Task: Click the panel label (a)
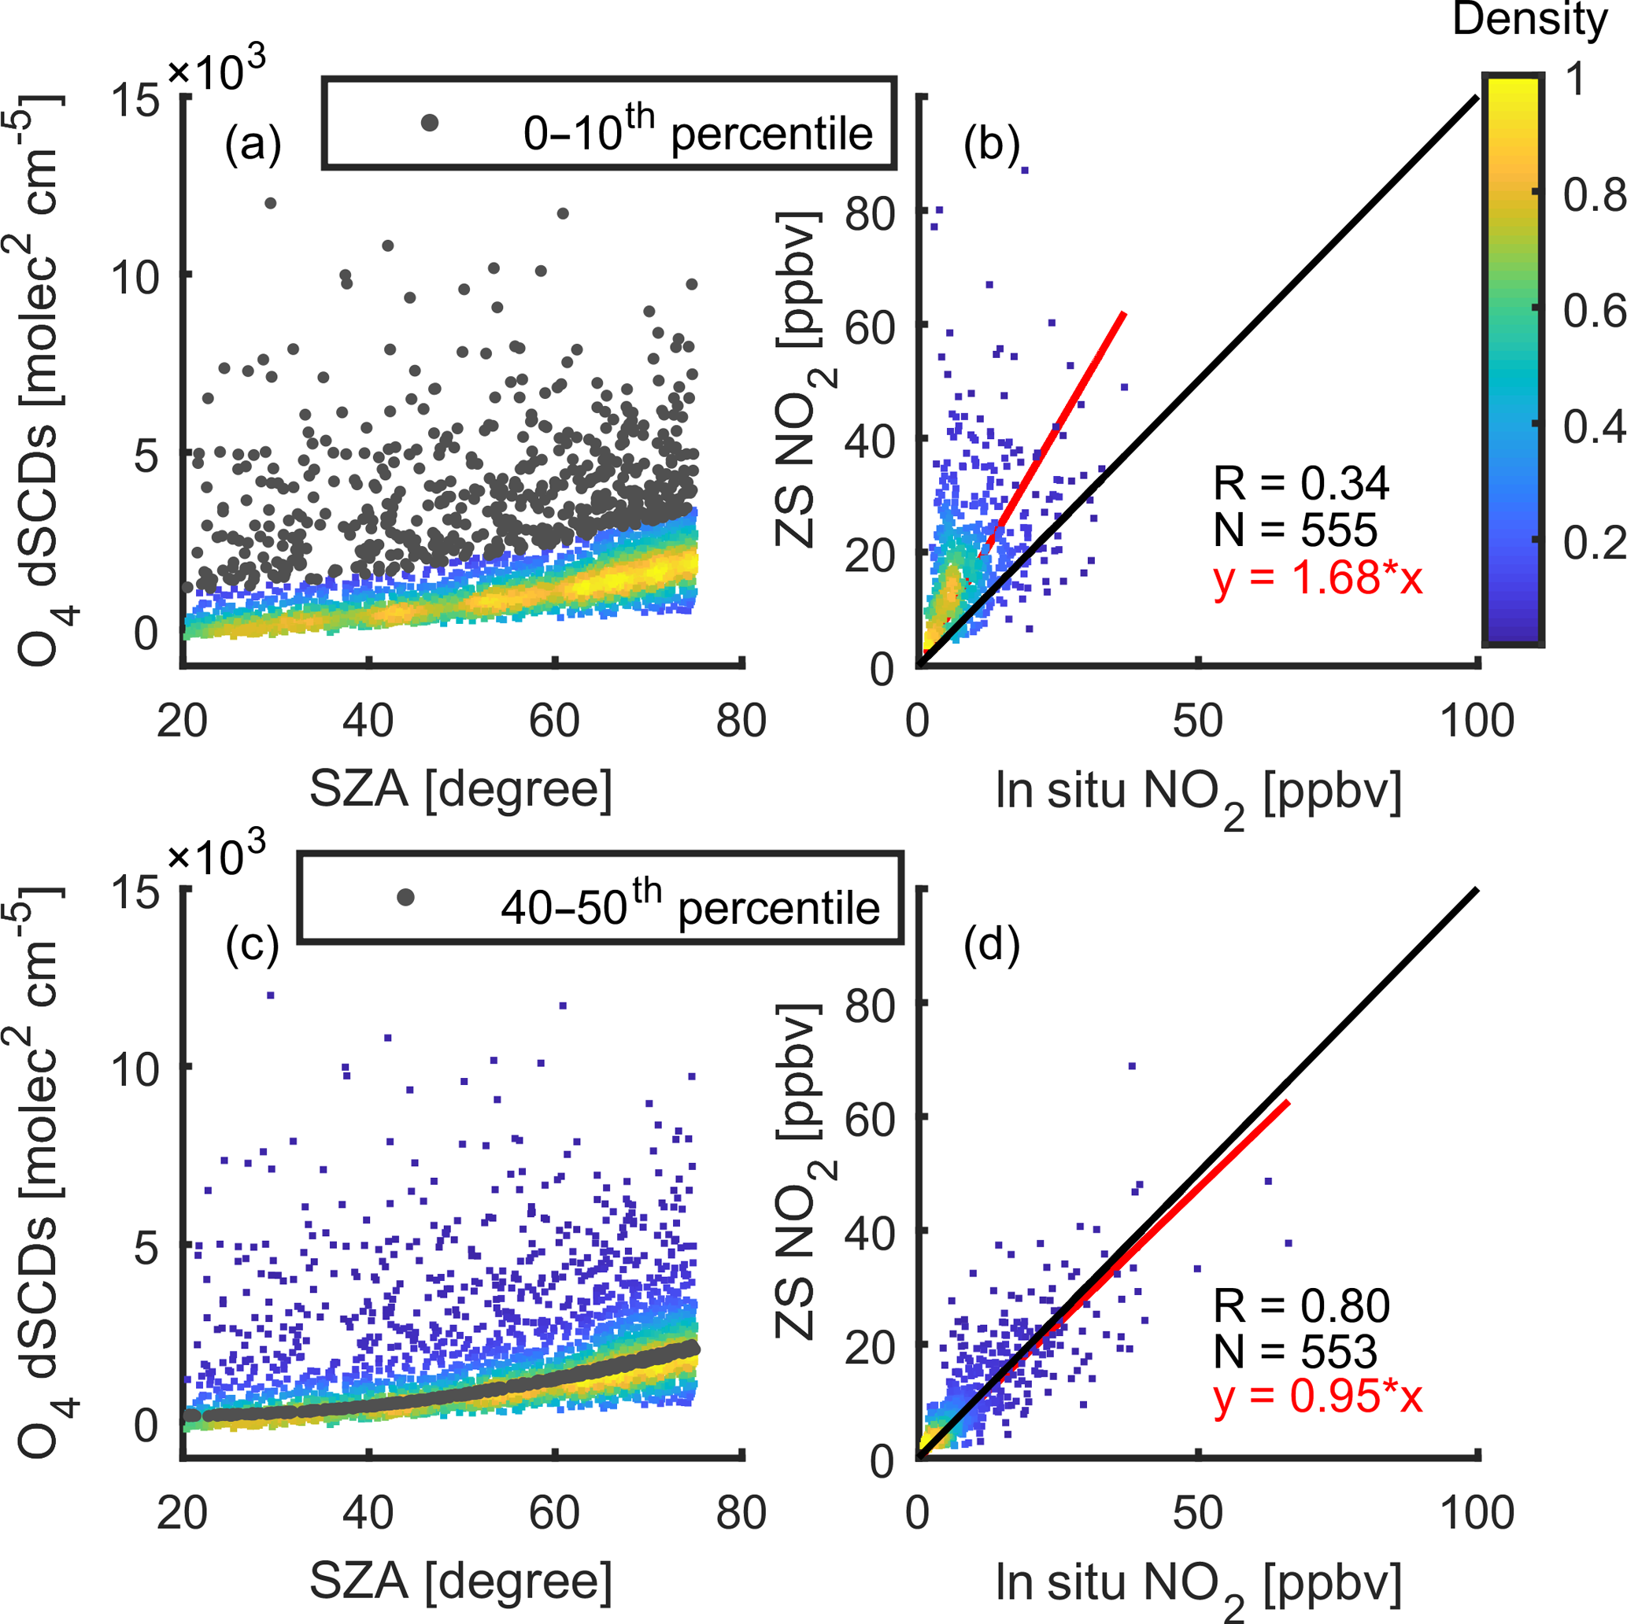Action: point(253,145)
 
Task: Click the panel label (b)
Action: point(991,145)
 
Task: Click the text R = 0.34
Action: point(1301,483)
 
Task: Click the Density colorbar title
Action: point(1530,20)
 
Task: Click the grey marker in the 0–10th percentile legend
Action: point(430,123)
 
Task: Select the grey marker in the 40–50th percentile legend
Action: point(406,898)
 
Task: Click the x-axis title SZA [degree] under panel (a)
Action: point(460,789)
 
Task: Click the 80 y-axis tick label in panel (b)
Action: point(870,214)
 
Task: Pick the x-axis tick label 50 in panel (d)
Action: point(1197,1512)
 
